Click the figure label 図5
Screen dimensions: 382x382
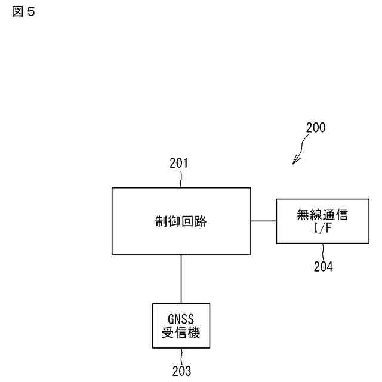pos(23,12)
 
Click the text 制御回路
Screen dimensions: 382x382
pos(181,221)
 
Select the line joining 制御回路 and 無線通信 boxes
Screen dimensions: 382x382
pos(263,221)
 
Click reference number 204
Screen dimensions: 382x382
pos(323,266)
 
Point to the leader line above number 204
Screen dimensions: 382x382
pos(323,251)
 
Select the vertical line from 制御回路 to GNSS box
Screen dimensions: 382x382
pos(181,279)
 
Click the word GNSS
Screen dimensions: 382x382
pos(181,318)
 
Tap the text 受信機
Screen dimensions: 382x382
pos(181,332)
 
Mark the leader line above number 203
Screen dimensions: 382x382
pos(181,356)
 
